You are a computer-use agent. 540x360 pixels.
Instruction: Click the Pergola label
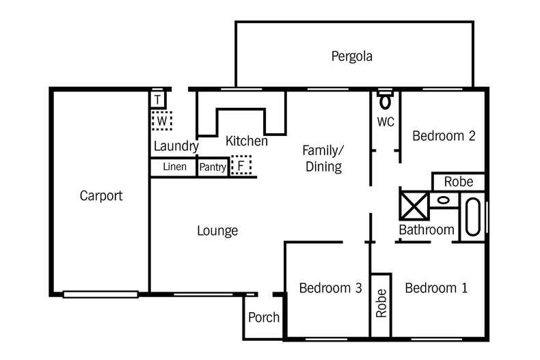pos(352,56)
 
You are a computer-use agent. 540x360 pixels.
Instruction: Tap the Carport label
pos(101,196)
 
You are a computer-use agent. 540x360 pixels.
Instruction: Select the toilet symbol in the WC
pos(386,101)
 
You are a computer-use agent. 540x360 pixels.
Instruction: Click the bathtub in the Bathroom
pos(473,217)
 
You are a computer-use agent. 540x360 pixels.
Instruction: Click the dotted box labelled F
pos(241,166)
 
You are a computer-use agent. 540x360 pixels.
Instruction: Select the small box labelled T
pos(158,100)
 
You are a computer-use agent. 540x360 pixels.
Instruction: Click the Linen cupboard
pos(174,167)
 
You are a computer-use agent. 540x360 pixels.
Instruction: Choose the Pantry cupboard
pos(213,167)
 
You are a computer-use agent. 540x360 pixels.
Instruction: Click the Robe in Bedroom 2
pos(459,182)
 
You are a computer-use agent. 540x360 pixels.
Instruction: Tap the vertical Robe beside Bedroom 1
pos(381,304)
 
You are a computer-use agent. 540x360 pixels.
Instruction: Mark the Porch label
pos(263,317)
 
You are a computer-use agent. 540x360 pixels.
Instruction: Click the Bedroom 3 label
pos(330,288)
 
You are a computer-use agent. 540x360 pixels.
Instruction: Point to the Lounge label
pos(217,231)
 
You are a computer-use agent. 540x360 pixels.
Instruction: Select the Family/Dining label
pos(323,158)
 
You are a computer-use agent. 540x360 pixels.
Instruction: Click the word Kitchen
pos(246,141)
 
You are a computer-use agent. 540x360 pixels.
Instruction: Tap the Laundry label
pos(176,146)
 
